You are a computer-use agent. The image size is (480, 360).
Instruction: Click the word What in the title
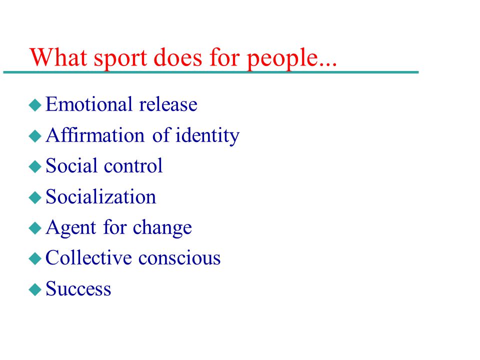[x=58, y=57]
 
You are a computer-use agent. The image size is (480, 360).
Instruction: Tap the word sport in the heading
[x=120, y=59]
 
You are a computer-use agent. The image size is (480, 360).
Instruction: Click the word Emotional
[x=89, y=104]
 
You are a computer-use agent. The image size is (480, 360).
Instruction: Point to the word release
[x=168, y=104]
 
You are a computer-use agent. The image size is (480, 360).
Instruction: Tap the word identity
[x=207, y=135]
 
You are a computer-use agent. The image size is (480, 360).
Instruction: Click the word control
[x=133, y=165]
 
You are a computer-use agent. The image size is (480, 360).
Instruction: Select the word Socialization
[x=100, y=196]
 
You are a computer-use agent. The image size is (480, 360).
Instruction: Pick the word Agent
[x=71, y=228]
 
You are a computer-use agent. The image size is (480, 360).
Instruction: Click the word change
[x=162, y=228]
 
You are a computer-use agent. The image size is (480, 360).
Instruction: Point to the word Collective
[x=88, y=257]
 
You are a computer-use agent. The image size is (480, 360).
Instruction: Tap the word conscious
[x=179, y=258]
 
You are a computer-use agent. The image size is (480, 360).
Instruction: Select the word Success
[x=78, y=288]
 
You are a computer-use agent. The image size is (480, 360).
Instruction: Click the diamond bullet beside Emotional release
[x=35, y=105]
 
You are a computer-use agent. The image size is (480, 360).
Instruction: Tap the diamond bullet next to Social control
[x=35, y=167]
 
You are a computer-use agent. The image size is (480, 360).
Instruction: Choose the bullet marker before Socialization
[x=35, y=197]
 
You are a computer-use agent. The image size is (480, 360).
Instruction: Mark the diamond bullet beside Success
[x=35, y=289]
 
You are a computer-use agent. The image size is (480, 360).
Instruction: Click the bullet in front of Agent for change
[x=35, y=228]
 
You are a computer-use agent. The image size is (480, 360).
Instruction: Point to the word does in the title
[x=178, y=57]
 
